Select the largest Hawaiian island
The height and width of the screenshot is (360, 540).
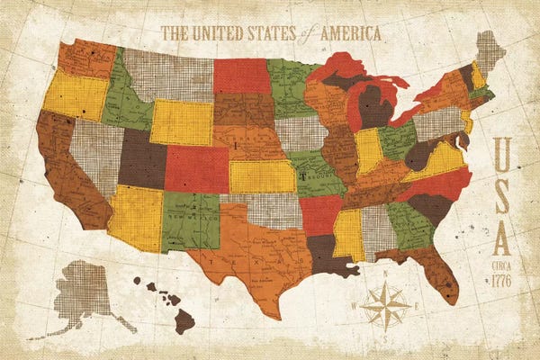point(184,319)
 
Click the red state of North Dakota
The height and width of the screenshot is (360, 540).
point(241,76)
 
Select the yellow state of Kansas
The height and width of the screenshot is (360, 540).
point(262,176)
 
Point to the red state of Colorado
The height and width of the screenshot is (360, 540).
point(196,169)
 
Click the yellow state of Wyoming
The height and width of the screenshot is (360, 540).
point(181,122)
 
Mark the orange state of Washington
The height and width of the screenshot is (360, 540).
point(86,58)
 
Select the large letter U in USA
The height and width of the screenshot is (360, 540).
point(503,152)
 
